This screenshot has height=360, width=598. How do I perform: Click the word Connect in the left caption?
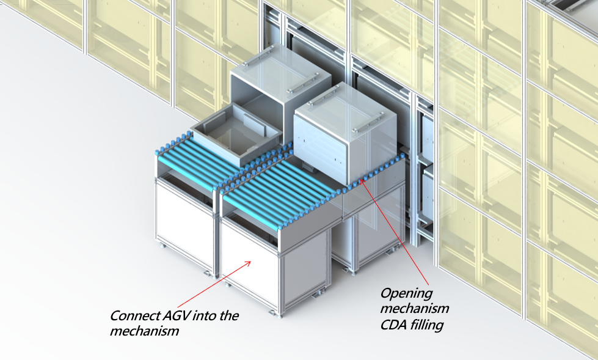133,317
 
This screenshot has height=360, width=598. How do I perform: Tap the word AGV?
173,317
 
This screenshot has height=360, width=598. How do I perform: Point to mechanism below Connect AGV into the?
144,332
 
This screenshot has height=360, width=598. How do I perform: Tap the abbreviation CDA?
393,325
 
